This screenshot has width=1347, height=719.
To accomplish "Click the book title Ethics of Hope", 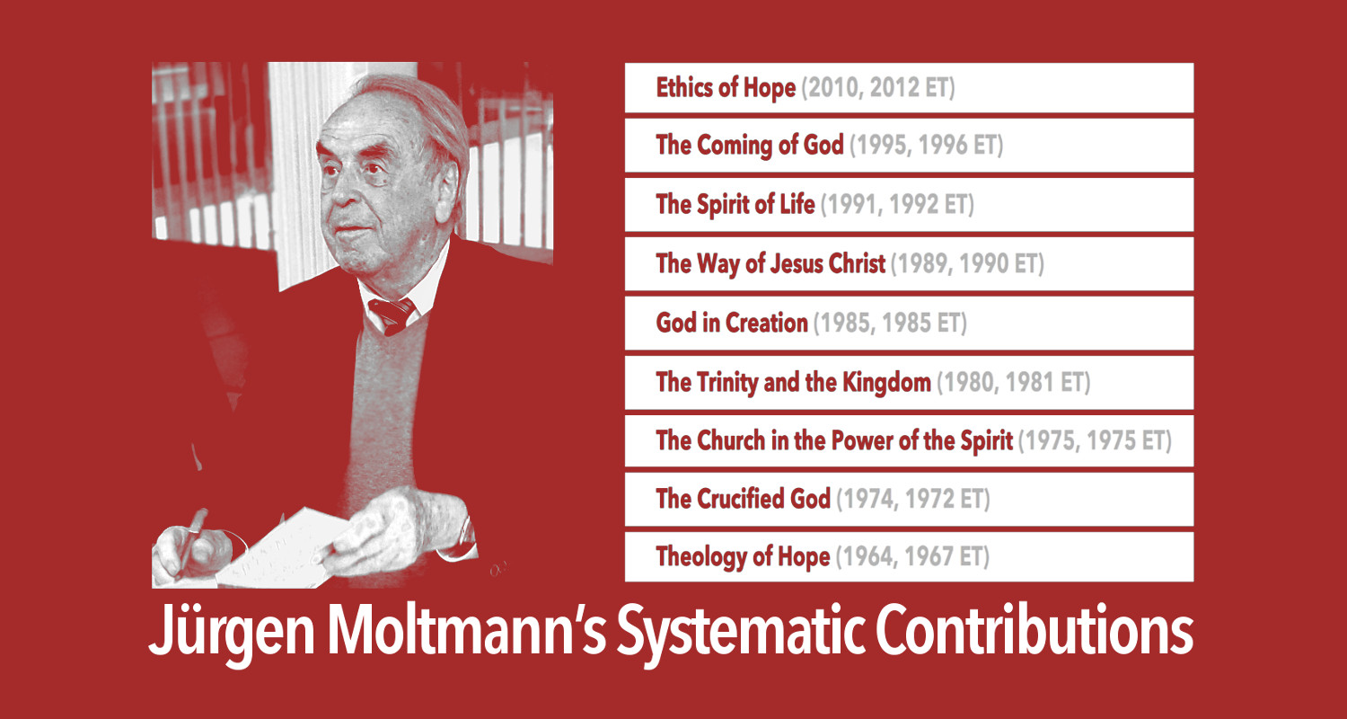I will tap(726, 88).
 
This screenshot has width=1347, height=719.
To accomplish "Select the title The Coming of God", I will tap(750, 146).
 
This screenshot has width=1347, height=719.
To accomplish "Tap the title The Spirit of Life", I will tap(735, 205).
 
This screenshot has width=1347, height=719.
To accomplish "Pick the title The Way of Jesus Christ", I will tap(770, 264).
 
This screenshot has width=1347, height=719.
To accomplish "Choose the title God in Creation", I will tap(732, 323).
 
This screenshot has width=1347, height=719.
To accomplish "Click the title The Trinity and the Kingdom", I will tap(793, 383).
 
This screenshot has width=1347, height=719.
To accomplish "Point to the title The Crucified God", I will tap(743, 500).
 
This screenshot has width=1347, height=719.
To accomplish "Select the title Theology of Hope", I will tap(743, 557).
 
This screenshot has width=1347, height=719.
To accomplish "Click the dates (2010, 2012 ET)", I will tap(876, 88).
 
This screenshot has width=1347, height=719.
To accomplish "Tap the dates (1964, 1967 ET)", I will tap(912, 557).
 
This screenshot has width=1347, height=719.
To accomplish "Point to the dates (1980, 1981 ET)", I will tap(1013, 383).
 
